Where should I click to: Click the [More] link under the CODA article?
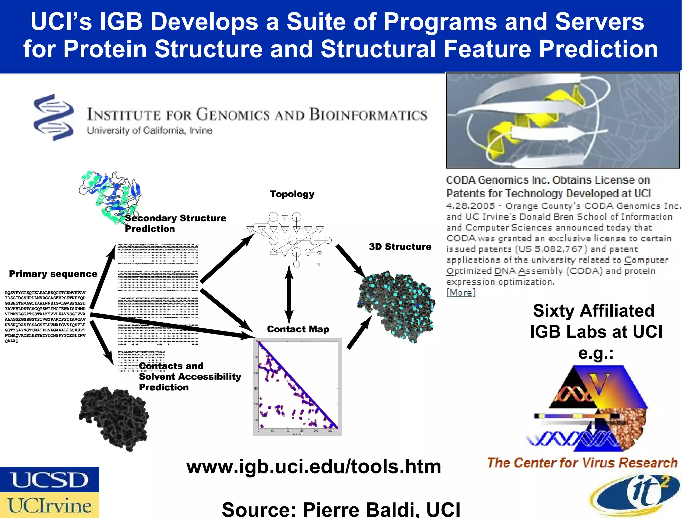click(x=460, y=293)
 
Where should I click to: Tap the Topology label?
click(x=292, y=194)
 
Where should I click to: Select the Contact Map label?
click(x=298, y=329)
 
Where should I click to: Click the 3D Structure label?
click(x=400, y=247)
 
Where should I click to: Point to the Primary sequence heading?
click(x=53, y=274)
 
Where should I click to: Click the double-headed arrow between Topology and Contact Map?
click(x=289, y=294)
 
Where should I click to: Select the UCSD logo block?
click(x=49, y=480)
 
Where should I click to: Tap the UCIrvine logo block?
click(x=49, y=505)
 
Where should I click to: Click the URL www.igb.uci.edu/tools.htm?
click(x=313, y=466)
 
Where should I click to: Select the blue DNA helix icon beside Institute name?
click(x=54, y=117)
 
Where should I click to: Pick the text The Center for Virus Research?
click(x=582, y=463)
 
